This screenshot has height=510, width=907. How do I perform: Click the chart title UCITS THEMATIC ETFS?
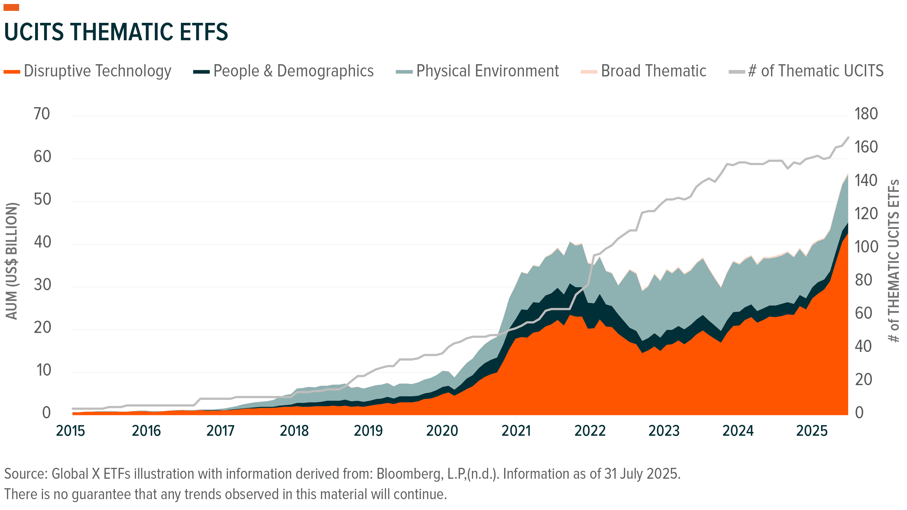(x=116, y=32)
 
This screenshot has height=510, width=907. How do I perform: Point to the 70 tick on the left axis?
(x=42, y=114)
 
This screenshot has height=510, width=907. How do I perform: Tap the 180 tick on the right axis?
(x=866, y=114)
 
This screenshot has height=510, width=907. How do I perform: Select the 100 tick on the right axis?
(x=866, y=247)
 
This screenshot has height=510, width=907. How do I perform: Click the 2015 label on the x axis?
(x=70, y=431)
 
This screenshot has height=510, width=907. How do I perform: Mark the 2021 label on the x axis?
(x=516, y=431)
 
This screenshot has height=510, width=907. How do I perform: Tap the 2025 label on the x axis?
(x=812, y=431)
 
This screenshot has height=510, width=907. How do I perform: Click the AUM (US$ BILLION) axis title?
(x=12, y=261)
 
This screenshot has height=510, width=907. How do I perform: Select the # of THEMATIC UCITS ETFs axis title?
(x=894, y=261)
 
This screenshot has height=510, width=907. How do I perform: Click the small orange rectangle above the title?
(x=11, y=7)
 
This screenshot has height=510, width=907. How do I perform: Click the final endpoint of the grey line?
(x=848, y=138)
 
